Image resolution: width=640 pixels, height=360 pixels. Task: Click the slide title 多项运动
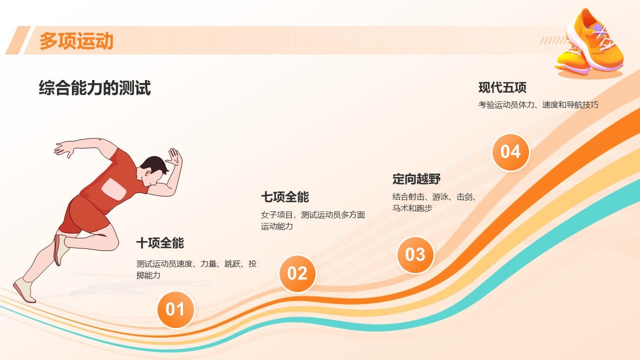coord(76,41)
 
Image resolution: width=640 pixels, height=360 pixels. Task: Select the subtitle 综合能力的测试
coord(94,87)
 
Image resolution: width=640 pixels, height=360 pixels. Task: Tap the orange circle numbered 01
coord(175,309)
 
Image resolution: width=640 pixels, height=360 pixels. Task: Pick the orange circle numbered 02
coord(297,273)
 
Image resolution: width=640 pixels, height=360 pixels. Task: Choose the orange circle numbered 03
coord(415,255)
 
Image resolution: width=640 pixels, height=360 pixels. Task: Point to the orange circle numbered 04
coord(510,152)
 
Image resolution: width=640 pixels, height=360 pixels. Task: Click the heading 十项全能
coord(160,243)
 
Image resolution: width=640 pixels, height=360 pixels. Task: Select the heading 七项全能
coord(285,197)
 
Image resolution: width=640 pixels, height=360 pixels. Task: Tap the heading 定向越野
coord(416,179)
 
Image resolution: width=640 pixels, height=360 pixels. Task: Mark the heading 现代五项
coord(502,87)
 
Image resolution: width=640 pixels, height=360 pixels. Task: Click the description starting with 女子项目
coord(313,220)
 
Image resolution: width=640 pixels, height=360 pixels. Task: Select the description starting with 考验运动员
coord(538,105)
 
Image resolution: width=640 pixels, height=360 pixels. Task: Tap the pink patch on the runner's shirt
coord(113,189)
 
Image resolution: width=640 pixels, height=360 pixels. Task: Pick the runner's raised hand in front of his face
coord(174,157)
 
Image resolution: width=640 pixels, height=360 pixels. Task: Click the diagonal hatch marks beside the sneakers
coord(553,40)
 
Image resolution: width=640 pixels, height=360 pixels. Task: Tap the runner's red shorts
coord(85,215)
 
